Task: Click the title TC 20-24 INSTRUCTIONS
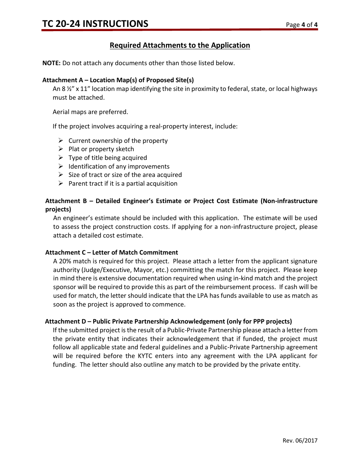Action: click(x=95, y=24)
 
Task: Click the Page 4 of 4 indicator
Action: click(x=302, y=25)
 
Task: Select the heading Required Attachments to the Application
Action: click(x=180, y=45)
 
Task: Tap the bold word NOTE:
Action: click(x=51, y=63)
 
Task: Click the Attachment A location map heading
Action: click(x=118, y=80)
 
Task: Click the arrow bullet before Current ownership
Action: click(x=61, y=141)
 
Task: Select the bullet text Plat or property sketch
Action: click(x=101, y=149)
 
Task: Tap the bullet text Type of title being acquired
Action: click(x=108, y=158)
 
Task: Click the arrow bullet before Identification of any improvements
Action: click(x=61, y=166)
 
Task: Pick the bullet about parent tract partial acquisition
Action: click(x=123, y=184)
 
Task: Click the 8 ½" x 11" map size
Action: click(x=75, y=89)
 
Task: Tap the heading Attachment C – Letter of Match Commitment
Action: click(x=111, y=253)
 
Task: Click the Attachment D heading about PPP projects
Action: click(x=168, y=322)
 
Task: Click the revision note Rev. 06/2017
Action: click(x=300, y=441)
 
